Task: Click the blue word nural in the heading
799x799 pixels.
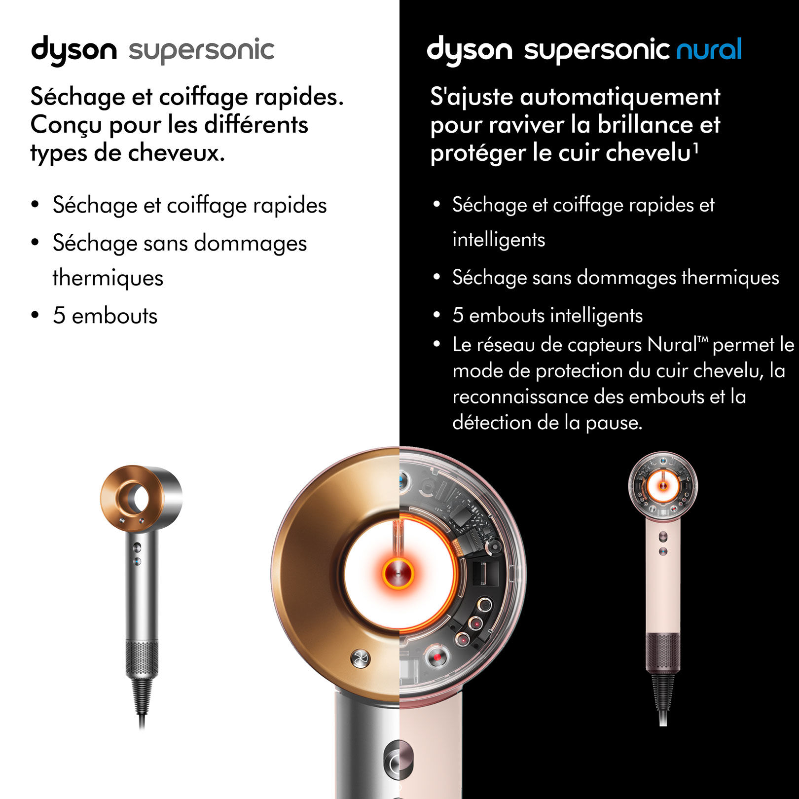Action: [x=709, y=49]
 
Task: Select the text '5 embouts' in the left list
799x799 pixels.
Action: [x=105, y=316]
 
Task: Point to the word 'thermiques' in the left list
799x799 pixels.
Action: [x=108, y=278]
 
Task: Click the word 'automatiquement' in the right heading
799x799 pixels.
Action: [x=620, y=96]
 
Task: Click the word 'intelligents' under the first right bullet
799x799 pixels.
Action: [x=499, y=240]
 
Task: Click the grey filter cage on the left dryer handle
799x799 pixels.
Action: [x=142, y=658]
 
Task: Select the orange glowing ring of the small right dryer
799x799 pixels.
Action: [x=662, y=486]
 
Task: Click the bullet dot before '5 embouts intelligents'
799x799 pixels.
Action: [x=436, y=315]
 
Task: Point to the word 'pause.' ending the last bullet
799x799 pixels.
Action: [x=614, y=423]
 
